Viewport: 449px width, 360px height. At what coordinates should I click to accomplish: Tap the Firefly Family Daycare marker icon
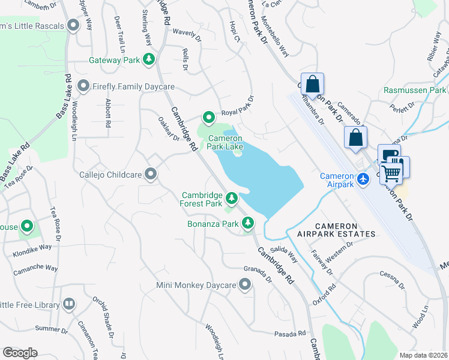[x=83, y=86]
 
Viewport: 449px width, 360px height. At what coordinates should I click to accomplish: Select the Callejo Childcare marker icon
[x=151, y=175]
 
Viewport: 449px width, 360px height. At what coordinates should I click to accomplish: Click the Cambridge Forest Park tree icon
[x=232, y=196]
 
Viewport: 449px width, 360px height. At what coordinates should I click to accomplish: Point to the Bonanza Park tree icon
[x=248, y=224]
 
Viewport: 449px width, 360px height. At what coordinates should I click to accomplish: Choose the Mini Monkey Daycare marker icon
[x=244, y=285]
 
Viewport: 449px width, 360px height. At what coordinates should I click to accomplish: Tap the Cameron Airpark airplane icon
[x=363, y=178]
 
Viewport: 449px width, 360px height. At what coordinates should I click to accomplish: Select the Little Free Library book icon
[x=70, y=305]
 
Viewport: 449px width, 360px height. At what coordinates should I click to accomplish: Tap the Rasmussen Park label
[x=415, y=90]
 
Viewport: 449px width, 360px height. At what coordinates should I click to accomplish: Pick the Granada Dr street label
[x=258, y=275]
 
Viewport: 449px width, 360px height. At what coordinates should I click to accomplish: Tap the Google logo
[x=20, y=352]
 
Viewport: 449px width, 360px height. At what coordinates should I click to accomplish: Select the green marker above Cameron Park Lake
[x=208, y=117]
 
